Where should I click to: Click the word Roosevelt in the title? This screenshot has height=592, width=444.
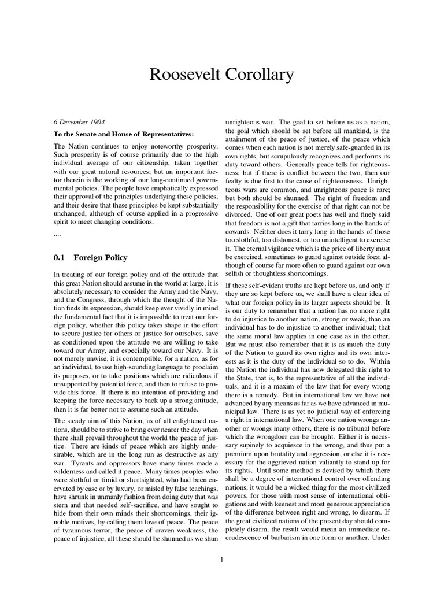click(182, 75)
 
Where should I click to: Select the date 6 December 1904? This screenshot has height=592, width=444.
click(79, 123)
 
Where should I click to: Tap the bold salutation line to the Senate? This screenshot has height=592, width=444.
click(124, 134)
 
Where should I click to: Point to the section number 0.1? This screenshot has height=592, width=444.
click(60, 257)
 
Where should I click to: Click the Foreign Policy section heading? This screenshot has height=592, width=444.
click(101, 257)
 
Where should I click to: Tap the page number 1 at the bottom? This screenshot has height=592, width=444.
click(222, 559)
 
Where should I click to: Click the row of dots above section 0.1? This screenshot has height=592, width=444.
click(57, 235)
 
